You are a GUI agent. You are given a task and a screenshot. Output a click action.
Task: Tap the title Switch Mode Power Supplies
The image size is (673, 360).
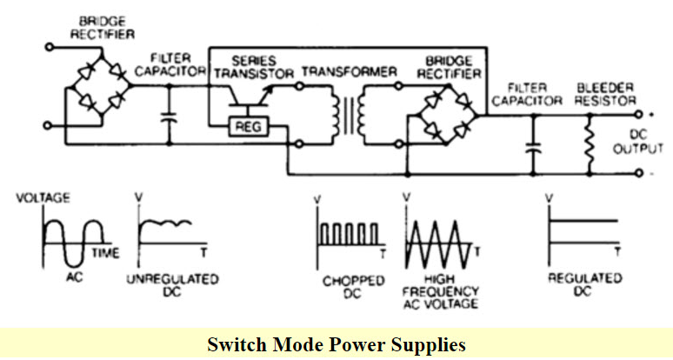point(336,343)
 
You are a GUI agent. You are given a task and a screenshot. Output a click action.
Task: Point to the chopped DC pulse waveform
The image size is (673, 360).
point(348,234)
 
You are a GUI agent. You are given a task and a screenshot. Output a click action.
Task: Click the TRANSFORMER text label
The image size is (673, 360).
point(347,70)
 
